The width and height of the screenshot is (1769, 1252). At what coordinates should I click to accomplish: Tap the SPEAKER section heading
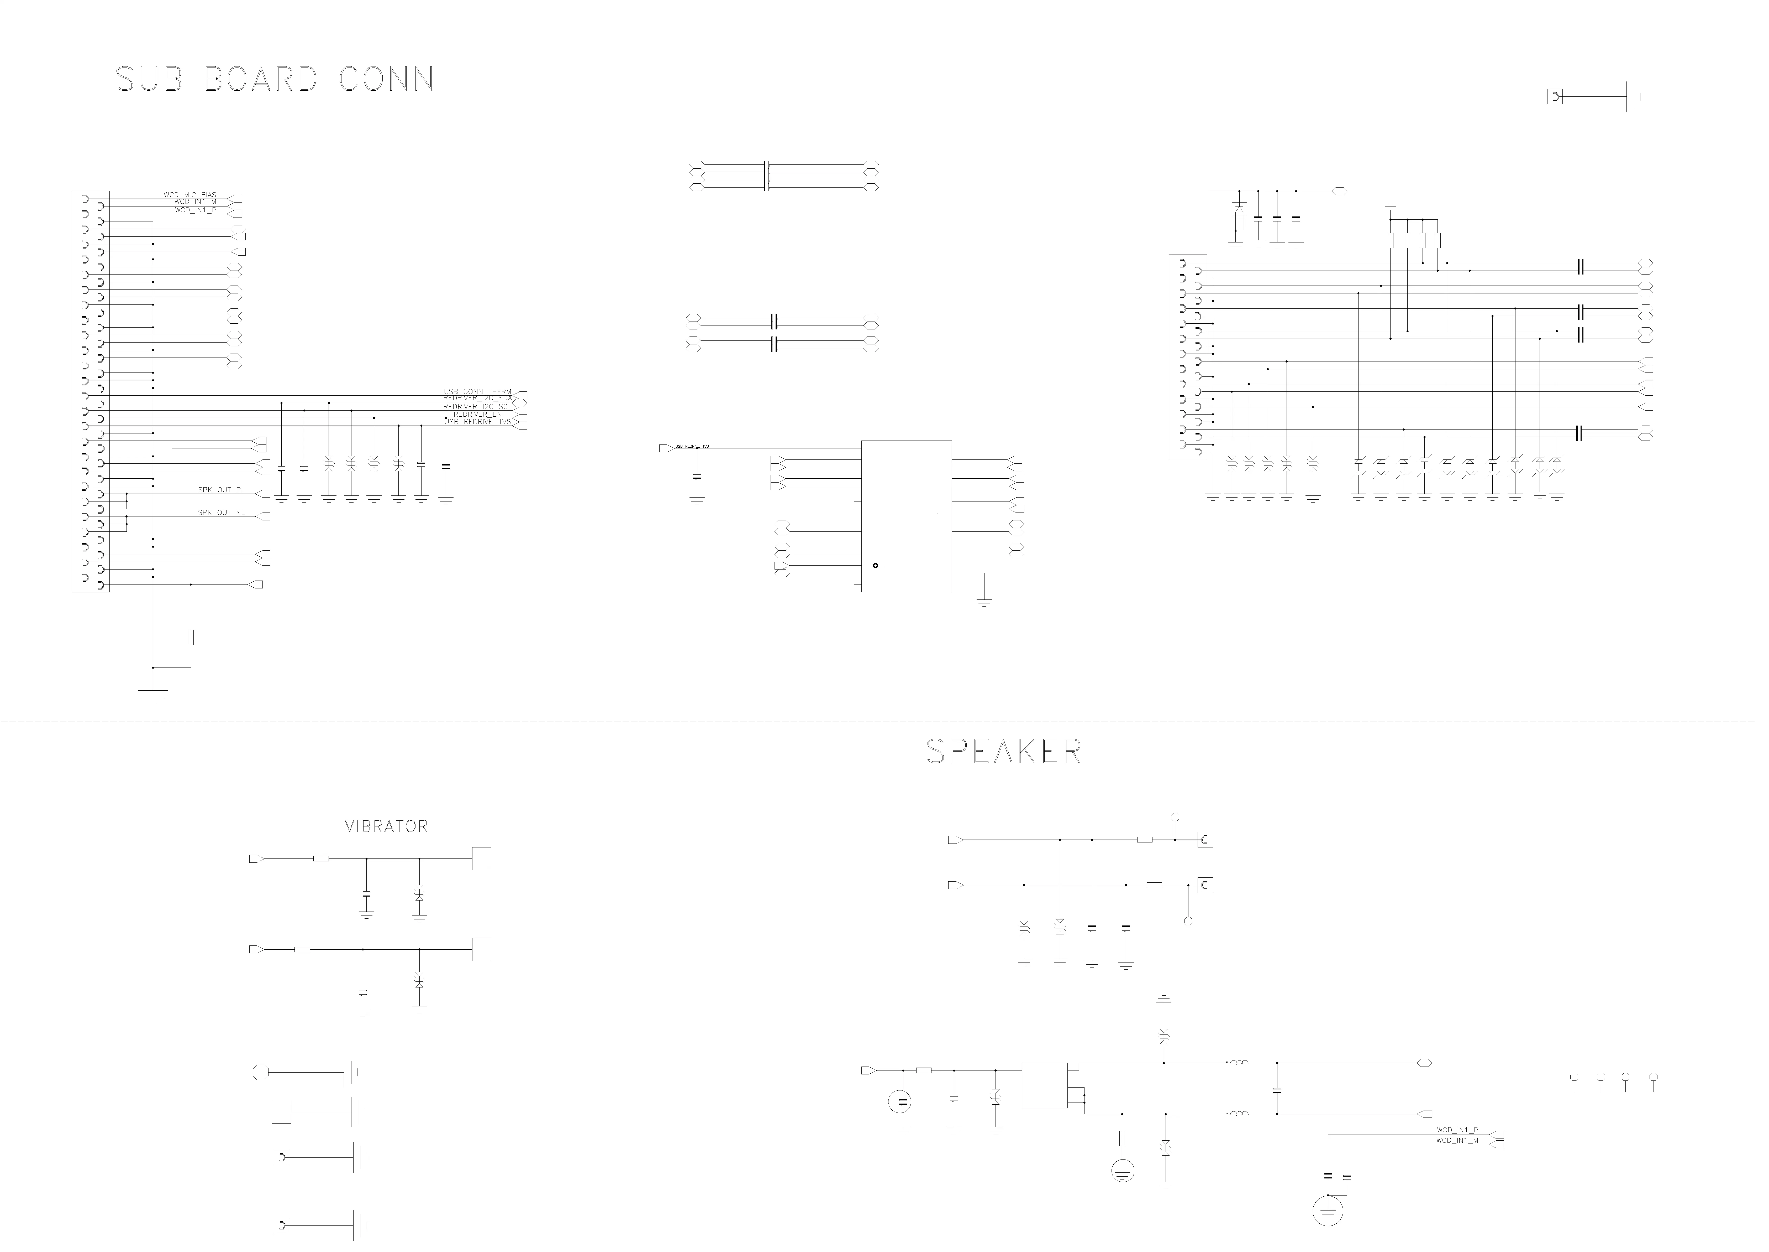tap(1004, 752)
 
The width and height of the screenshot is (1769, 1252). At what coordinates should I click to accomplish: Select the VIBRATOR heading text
tap(386, 826)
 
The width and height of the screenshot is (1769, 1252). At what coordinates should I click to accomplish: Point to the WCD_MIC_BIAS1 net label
tap(192, 195)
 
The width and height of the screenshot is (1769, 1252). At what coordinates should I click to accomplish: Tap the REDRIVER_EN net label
tap(478, 414)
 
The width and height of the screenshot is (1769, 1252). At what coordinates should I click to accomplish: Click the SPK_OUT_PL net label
tap(221, 490)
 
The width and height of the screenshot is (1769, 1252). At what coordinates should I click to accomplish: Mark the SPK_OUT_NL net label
tap(221, 513)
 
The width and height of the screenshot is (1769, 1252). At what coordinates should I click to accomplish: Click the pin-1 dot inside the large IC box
tap(875, 566)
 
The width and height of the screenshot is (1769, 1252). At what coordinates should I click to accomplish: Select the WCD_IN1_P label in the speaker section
tap(1457, 1130)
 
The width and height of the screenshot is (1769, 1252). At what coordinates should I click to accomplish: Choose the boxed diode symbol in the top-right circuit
tap(1239, 209)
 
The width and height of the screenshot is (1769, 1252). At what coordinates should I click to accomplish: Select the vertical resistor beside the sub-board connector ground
tap(191, 637)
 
